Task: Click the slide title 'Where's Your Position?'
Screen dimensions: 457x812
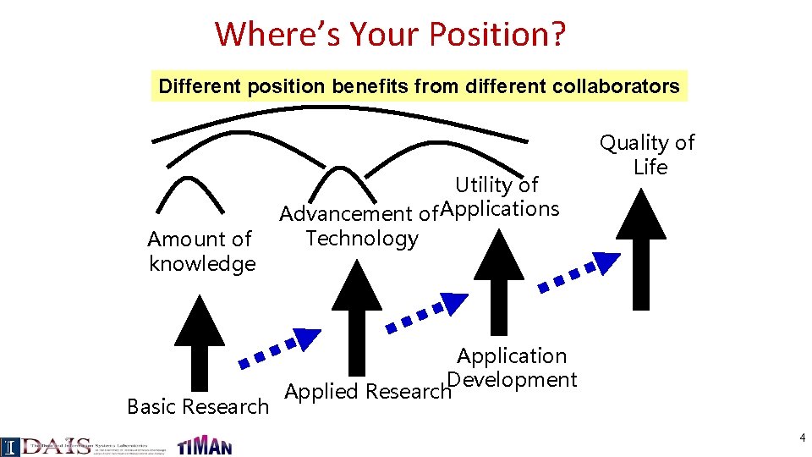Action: tap(391, 34)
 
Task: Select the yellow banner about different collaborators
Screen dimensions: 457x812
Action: tap(419, 86)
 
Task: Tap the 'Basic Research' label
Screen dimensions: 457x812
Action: tap(197, 407)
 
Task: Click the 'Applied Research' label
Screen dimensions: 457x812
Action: tap(367, 392)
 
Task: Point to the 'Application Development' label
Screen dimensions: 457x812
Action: tap(512, 368)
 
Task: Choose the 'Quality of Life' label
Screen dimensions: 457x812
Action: tap(648, 155)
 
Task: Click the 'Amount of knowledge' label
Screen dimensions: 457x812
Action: tap(201, 251)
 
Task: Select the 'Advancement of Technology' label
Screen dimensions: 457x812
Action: tap(359, 226)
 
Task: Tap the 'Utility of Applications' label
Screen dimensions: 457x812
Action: tap(499, 196)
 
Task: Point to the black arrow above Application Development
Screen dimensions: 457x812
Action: tap(499, 279)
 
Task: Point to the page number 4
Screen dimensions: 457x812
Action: tap(801, 438)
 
